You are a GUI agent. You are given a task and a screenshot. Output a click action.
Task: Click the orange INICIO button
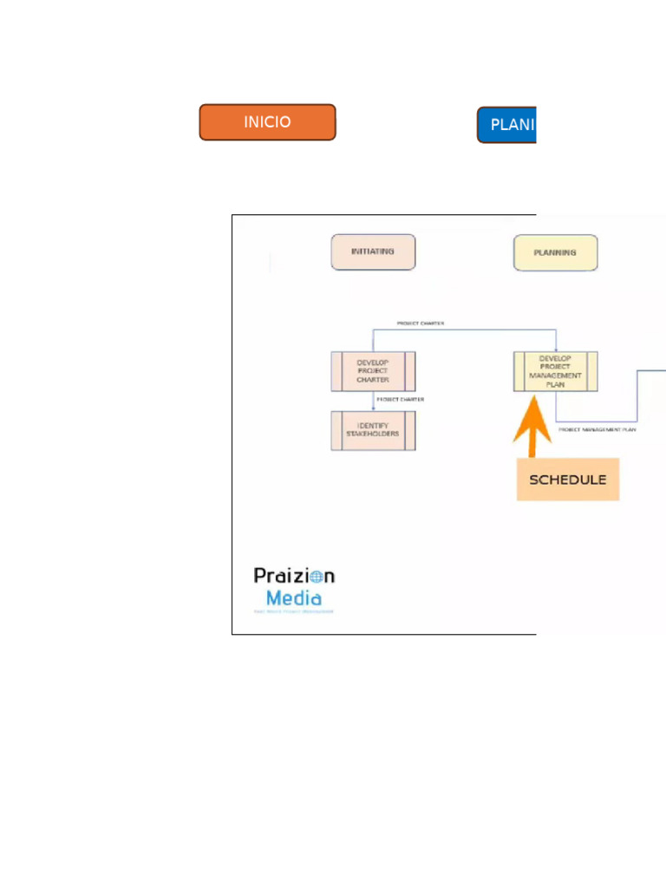coord(267,122)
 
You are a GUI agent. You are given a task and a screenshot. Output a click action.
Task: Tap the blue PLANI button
coord(507,125)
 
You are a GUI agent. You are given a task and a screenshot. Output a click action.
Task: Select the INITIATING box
coord(373,252)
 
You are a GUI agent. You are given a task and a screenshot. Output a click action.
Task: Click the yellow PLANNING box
coord(555,253)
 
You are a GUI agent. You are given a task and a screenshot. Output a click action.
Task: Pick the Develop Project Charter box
coord(373,371)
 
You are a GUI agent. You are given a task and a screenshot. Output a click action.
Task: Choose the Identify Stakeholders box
coord(373,430)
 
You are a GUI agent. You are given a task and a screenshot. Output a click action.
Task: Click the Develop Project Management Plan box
coord(555,371)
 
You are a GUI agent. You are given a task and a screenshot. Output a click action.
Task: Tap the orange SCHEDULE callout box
coord(568,480)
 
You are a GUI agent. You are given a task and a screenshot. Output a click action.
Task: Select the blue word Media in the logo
coord(294,598)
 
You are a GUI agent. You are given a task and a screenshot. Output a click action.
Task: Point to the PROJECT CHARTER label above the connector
coord(421,323)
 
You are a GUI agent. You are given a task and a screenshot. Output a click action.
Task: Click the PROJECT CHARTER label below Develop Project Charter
coord(401,400)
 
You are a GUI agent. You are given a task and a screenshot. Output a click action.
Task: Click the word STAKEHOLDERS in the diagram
coord(373,434)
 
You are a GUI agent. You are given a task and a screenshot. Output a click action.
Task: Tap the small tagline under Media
coord(293,611)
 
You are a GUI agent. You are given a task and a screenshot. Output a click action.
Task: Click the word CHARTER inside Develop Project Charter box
coord(373,380)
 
